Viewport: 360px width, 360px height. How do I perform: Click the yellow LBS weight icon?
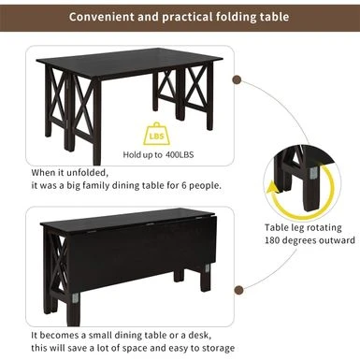pos(157,135)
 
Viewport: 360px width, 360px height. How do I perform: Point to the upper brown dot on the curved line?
pos(238,79)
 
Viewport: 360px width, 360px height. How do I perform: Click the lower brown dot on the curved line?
pos(239,290)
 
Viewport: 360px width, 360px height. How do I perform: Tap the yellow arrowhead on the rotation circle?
pos(273,189)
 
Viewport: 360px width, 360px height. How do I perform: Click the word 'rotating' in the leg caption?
pos(323,228)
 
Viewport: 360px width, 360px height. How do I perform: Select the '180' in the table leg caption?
pos(272,240)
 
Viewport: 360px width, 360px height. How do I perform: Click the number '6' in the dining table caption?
pos(184,186)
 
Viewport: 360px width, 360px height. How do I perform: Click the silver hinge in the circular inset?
pos(313,171)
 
